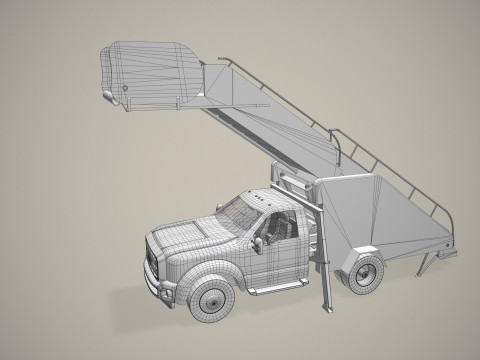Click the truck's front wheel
tap(212, 297)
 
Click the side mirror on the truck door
tap(258, 244)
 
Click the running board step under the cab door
tap(269, 290)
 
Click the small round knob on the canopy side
tap(126, 88)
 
